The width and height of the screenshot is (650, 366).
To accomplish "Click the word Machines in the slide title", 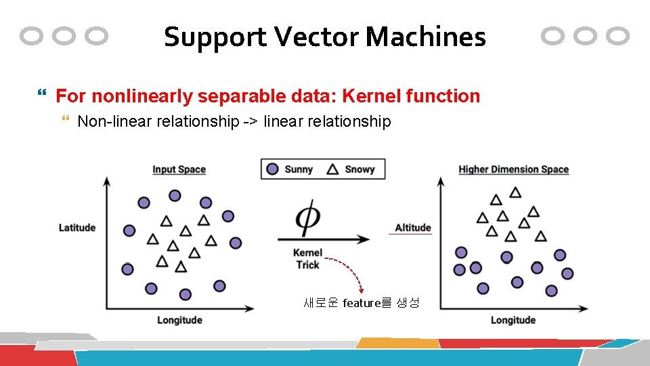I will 425,37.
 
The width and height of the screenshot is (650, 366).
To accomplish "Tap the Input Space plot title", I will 179,169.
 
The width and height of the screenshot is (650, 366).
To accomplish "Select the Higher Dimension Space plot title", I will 513,169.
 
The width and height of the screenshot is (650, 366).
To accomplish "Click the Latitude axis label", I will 77,228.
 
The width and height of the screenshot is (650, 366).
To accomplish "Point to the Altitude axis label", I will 413,228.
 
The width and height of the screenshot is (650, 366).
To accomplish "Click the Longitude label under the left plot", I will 179,320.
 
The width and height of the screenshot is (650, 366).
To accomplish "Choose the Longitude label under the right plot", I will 513,320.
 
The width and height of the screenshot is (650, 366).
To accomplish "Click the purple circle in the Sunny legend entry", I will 272,169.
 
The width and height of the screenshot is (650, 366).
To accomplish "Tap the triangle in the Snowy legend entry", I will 332,169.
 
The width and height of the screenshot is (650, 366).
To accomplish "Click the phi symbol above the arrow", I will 308,217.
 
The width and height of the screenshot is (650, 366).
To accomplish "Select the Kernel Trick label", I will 308,259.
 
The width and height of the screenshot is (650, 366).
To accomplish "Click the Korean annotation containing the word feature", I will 362,303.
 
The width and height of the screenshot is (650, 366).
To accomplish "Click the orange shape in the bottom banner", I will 396,343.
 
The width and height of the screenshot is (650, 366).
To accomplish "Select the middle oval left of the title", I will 64,36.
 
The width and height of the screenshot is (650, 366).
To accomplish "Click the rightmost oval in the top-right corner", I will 617,36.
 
